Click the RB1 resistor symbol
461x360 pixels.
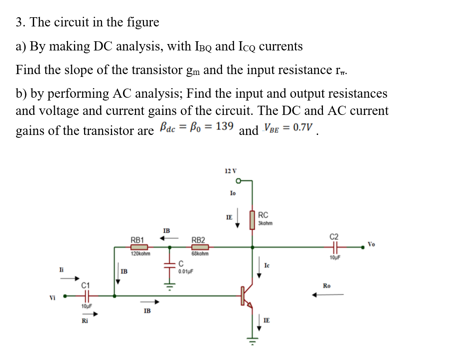point(139,247)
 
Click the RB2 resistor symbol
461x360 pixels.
point(200,247)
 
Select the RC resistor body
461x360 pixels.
point(252,220)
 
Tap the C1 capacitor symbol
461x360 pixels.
point(86,296)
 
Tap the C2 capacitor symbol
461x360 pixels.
point(334,247)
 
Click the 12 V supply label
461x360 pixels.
point(230,171)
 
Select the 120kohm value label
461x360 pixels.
point(140,254)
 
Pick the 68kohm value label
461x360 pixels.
point(200,254)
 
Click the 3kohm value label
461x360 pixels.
point(265,223)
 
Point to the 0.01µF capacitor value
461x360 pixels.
point(186,271)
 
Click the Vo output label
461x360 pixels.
point(371,244)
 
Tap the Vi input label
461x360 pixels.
point(52,298)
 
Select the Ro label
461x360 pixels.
point(327,286)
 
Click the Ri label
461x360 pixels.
point(85,321)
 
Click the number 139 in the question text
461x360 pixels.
point(224,127)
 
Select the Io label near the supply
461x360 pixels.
point(233,193)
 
